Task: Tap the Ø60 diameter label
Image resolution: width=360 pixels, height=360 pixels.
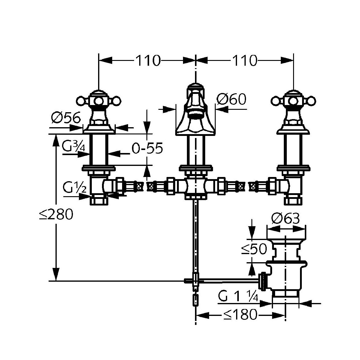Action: (x=232, y=99)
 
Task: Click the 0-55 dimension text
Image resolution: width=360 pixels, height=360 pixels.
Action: (x=147, y=148)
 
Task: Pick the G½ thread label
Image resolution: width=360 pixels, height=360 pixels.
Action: (x=74, y=189)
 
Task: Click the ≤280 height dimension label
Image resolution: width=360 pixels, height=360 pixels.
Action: (x=56, y=215)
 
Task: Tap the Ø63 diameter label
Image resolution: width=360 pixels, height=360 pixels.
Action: (x=285, y=219)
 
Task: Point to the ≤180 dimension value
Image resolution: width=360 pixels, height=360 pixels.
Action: (x=240, y=315)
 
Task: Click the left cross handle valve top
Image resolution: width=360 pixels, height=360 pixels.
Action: (x=98, y=100)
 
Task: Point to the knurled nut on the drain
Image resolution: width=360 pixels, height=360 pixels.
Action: (x=263, y=281)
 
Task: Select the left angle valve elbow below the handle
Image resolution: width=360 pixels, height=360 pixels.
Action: (x=99, y=186)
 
